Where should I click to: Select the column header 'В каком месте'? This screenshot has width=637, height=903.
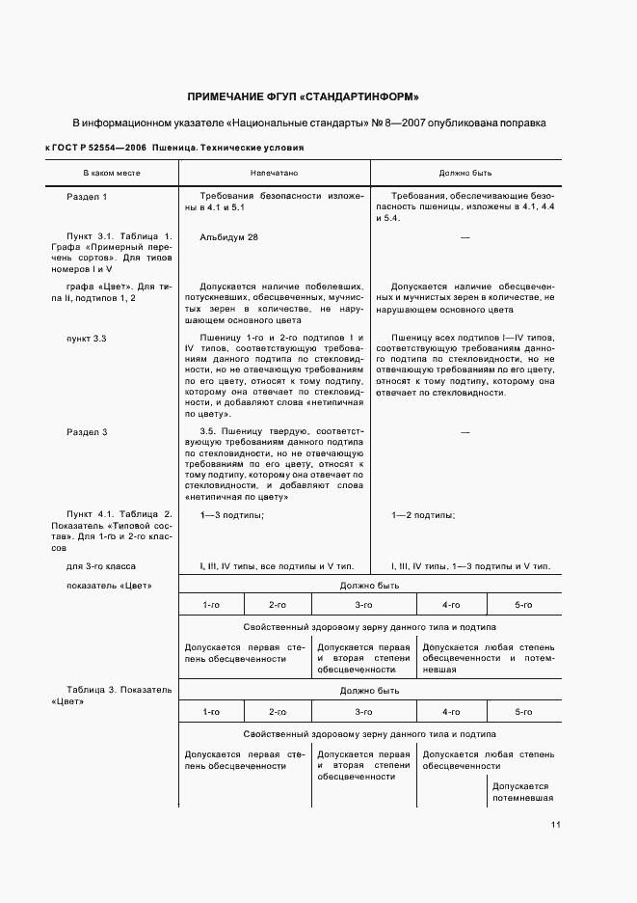click(111, 173)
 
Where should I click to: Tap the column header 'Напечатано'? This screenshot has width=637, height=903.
click(274, 173)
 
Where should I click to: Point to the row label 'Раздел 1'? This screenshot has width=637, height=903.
click(87, 197)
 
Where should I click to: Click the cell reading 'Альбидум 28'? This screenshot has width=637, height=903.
click(229, 236)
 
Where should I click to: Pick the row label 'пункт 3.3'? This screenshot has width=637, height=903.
click(87, 338)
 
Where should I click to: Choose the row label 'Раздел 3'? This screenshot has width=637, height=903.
click(87, 431)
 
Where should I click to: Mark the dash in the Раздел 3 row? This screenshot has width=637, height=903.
click(465, 431)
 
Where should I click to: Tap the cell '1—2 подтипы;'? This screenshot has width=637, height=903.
click(424, 515)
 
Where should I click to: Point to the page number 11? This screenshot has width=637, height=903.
click(556, 825)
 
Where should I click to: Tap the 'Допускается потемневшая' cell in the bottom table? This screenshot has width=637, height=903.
click(520, 792)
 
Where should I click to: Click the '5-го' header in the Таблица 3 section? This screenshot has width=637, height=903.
click(522, 711)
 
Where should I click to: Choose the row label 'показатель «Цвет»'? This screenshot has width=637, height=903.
click(109, 586)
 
